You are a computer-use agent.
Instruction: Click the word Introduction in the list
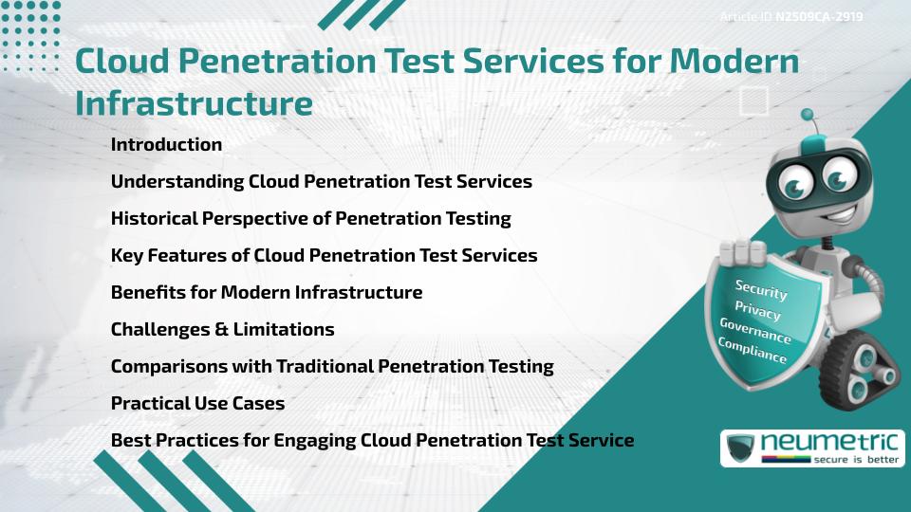tap(166, 145)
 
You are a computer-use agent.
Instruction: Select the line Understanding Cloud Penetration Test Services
tap(321, 181)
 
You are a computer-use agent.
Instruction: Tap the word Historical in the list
tap(154, 219)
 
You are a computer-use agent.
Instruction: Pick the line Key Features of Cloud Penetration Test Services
tap(324, 256)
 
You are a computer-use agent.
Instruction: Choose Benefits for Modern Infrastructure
tap(266, 293)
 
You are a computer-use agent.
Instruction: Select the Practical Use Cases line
tap(197, 404)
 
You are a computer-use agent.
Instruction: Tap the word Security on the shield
tap(761, 289)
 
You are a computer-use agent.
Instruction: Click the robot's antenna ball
tap(808, 116)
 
